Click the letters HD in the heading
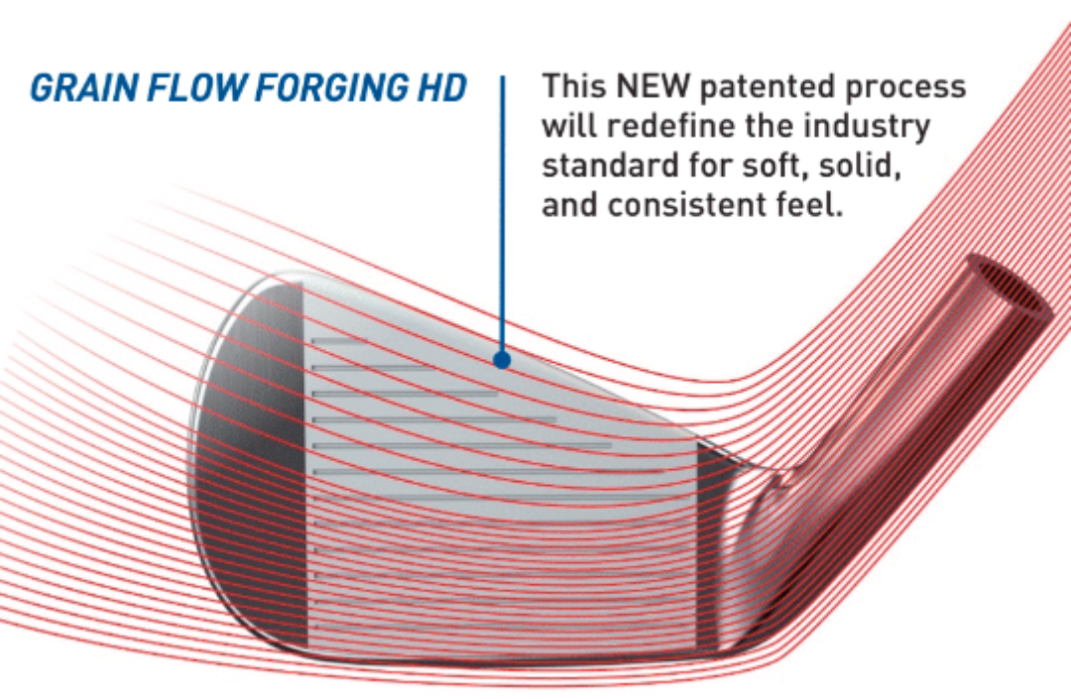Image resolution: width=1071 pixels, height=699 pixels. point(441,88)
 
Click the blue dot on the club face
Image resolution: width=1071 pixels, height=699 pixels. point(502,360)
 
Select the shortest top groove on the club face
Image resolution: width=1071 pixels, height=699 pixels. point(338,340)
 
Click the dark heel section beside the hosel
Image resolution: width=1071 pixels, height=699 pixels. point(710,546)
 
